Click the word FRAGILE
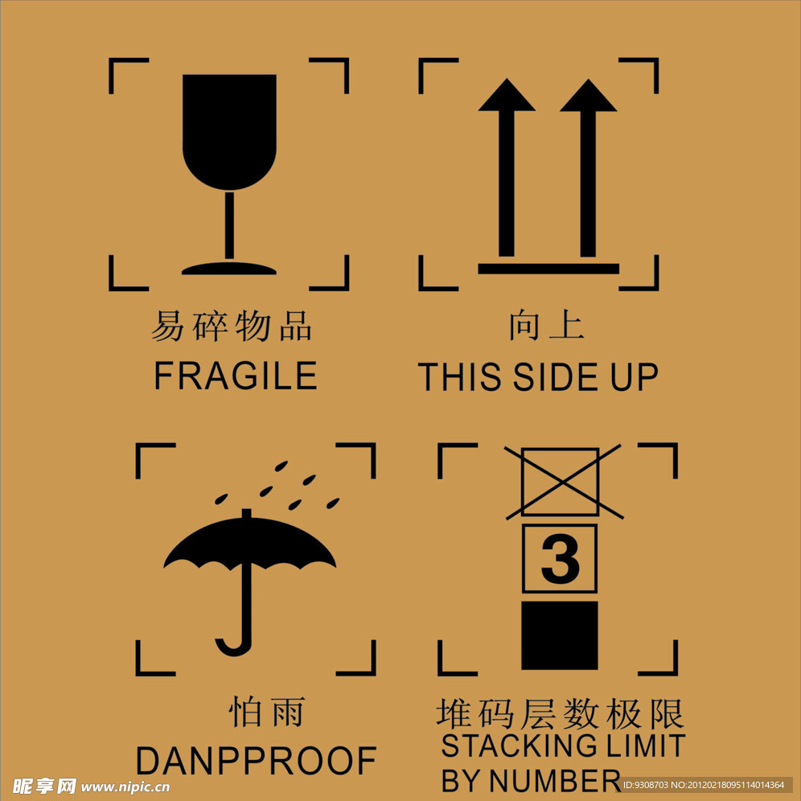pos(236,376)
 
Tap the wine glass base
pos(229,268)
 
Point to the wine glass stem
pos(229,225)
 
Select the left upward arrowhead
pos(507,95)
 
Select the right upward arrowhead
pos(589,95)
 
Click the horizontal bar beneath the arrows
pos(548,269)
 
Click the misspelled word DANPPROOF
pos(256,761)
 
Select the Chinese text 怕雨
pos(267,711)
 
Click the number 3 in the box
pos(560,559)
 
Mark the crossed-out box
pos(561,482)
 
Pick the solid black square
pos(560,635)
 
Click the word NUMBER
pos(555,781)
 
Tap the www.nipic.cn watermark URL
pos(125,787)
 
